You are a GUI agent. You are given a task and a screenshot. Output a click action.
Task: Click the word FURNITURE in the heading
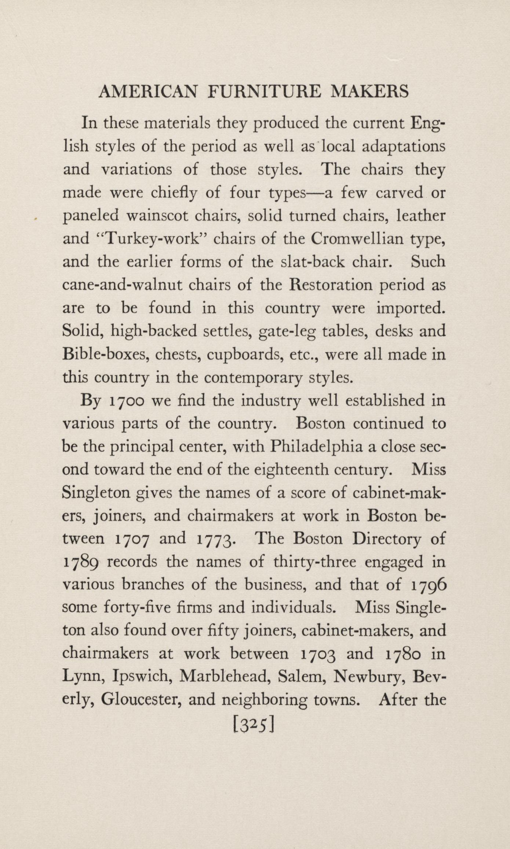pos(265,91)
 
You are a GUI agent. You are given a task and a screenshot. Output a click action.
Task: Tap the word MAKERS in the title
pos(369,91)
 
